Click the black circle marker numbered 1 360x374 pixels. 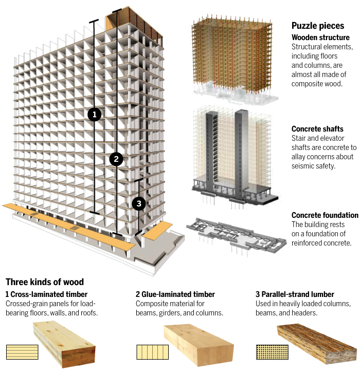tap(94, 114)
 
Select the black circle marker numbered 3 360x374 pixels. tap(138, 203)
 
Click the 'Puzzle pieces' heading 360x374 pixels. tap(318, 26)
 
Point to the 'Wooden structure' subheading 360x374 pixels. tap(320, 38)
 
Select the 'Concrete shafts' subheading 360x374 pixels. tap(317, 129)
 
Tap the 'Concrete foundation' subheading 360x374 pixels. tap(325, 215)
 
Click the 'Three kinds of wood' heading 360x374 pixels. tap(45, 282)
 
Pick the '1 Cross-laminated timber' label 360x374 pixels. tap(46, 294)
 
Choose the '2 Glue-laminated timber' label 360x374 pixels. tap(175, 294)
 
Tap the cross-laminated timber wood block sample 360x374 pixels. tap(64, 344)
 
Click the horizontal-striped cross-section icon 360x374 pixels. tap(19, 352)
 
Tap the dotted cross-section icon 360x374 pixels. tap(268, 352)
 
